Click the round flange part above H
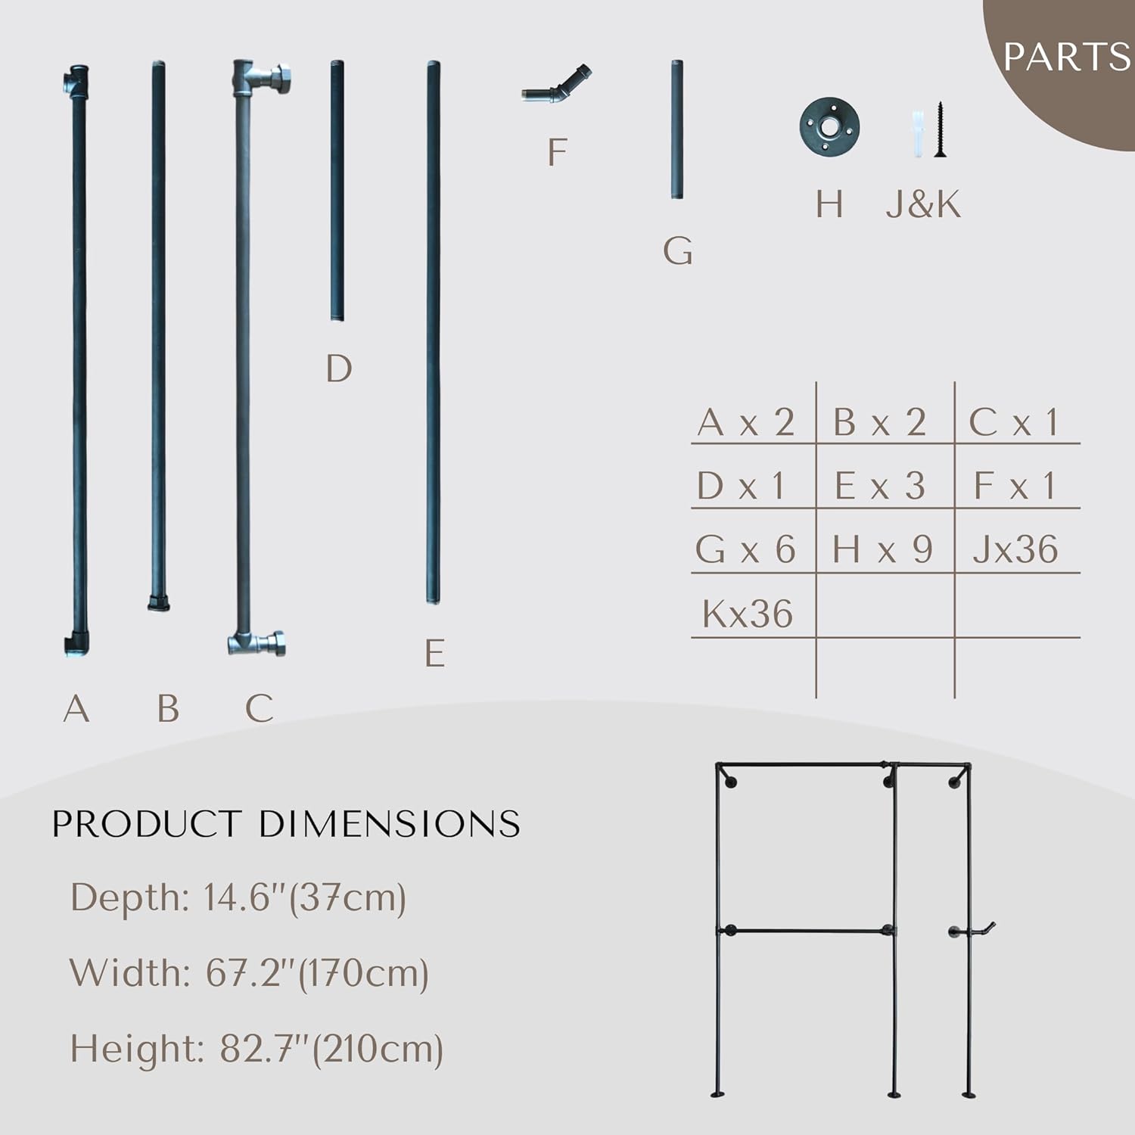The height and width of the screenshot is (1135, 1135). (829, 128)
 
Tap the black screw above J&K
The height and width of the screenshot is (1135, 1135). (941, 129)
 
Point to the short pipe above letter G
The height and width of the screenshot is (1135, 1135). (677, 129)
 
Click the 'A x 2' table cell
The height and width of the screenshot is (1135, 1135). (746, 422)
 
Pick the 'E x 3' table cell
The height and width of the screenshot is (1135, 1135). (879, 486)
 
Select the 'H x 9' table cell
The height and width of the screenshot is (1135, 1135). (882, 549)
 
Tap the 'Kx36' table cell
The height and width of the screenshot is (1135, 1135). (748, 614)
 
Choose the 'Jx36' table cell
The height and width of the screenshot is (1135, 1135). (1015, 549)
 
